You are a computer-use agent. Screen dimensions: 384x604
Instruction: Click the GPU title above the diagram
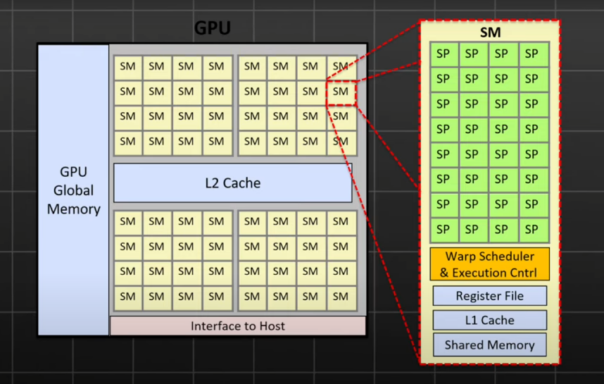pyautogui.click(x=212, y=28)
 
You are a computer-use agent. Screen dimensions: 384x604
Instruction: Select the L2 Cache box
pyautogui.click(x=232, y=183)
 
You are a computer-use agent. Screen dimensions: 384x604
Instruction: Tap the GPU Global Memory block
pyautogui.click(x=73, y=190)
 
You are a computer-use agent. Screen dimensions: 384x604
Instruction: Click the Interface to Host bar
pyautogui.click(x=238, y=326)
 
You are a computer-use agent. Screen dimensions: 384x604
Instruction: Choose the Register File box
pyautogui.click(x=489, y=296)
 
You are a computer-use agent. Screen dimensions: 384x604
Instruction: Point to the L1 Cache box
pyautogui.click(x=489, y=320)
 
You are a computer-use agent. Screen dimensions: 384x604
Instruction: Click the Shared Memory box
pyautogui.click(x=489, y=345)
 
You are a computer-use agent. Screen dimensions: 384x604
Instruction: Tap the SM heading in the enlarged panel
pyautogui.click(x=489, y=32)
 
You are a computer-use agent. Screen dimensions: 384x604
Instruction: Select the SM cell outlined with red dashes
pyautogui.click(x=341, y=92)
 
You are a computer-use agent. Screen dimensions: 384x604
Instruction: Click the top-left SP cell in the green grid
pyautogui.click(x=443, y=54)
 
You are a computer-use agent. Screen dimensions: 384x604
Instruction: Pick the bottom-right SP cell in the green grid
pyautogui.click(x=532, y=229)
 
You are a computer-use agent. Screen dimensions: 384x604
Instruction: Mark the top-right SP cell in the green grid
pyautogui.click(x=532, y=54)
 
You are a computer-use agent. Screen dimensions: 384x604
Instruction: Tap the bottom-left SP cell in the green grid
pyautogui.click(x=443, y=229)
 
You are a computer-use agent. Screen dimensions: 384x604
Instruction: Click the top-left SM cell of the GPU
pyautogui.click(x=127, y=66)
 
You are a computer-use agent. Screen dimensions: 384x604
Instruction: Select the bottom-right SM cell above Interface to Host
pyautogui.click(x=341, y=297)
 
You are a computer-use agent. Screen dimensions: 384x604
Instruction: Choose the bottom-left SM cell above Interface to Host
pyautogui.click(x=127, y=297)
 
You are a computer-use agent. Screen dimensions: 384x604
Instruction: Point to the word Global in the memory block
pyautogui.click(x=73, y=190)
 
